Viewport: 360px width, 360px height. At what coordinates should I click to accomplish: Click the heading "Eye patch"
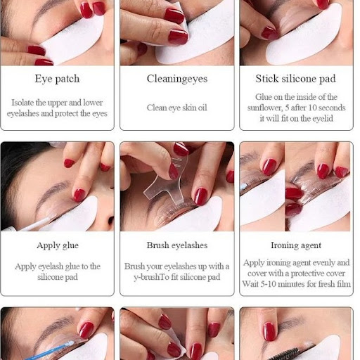click(x=57, y=79)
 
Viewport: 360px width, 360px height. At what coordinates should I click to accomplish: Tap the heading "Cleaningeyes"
click(x=177, y=79)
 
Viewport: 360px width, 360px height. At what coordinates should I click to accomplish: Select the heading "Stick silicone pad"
click(x=296, y=79)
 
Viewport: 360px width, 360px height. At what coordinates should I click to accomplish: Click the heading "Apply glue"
click(x=58, y=245)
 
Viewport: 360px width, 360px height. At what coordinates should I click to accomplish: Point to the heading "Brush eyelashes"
click(x=177, y=245)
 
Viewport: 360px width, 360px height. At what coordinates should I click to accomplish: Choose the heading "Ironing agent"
click(x=296, y=245)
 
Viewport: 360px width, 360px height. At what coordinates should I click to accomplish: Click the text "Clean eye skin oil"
click(x=177, y=108)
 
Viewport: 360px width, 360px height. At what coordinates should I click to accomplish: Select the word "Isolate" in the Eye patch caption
click(x=22, y=103)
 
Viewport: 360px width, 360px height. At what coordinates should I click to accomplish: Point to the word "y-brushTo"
click(x=151, y=277)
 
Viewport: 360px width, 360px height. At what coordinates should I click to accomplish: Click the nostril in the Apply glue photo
click(x=110, y=220)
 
